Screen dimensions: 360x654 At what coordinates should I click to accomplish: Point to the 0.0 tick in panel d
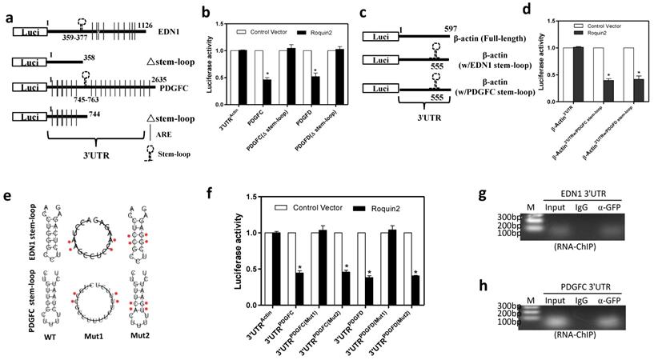[x=548, y=102]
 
